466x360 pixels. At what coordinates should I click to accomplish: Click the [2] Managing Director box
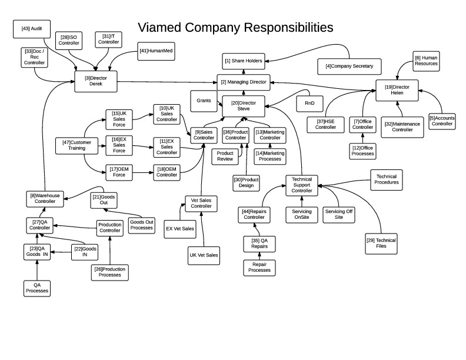tap(242, 82)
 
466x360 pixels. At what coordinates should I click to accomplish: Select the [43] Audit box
tap(32, 28)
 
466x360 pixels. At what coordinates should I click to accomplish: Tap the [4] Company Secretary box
tap(349, 66)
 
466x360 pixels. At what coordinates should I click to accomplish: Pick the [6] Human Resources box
tap(425, 61)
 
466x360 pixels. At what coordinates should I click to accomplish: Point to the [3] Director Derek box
tap(96, 81)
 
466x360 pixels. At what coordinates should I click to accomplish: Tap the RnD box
tap(309, 103)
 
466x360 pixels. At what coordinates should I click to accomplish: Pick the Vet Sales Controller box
tap(201, 203)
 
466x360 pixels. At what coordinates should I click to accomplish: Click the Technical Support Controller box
tap(302, 185)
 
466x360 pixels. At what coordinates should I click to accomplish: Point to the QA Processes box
tap(37, 288)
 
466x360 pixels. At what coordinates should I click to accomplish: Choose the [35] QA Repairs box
tap(259, 243)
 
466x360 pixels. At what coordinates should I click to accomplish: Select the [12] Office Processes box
tap(362, 151)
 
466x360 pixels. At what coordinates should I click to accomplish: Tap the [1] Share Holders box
tap(243, 60)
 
